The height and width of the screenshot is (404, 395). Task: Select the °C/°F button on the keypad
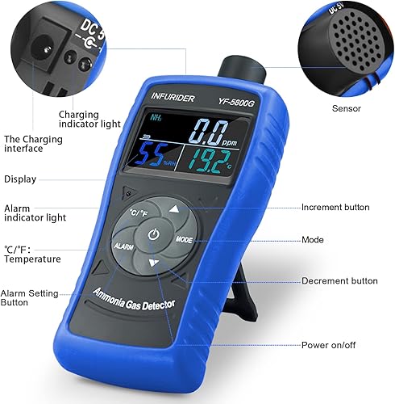(x=139, y=213)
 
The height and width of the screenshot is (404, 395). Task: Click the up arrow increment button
(x=175, y=209)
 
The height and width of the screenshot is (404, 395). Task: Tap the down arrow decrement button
(x=154, y=263)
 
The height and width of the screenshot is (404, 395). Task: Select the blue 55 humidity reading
(x=152, y=154)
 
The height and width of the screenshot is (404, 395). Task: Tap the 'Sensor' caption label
(x=325, y=107)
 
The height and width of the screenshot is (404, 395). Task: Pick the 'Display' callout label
(x=19, y=179)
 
